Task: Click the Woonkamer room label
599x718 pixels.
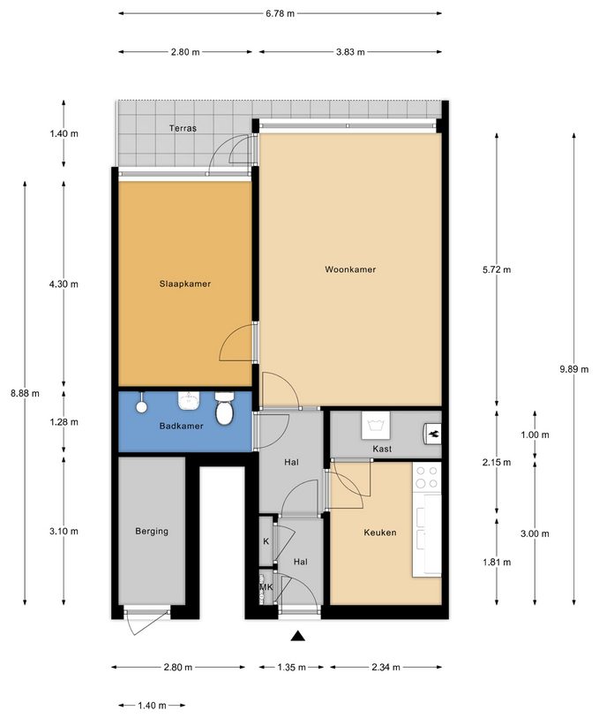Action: pyautogui.click(x=350, y=269)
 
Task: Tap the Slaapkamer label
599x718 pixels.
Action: pyautogui.click(x=184, y=283)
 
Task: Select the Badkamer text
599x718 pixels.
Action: pyautogui.click(x=181, y=426)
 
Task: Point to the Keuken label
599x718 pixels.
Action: pyautogui.click(x=380, y=533)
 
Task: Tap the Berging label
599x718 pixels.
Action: pyautogui.click(x=152, y=531)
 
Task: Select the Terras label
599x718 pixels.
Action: pyautogui.click(x=183, y=128)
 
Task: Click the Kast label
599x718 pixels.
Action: pyautogui.click(x=382, y=450)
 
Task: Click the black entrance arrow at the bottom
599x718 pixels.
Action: pyautogui.click(x=299, y=635)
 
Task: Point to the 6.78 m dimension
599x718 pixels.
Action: pyautogui.click(x=280, y=14)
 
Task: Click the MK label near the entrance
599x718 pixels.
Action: pyautogui.click(x=265, y=586)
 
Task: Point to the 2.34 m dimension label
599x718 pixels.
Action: pyautogui.click(x=386, y=668)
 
